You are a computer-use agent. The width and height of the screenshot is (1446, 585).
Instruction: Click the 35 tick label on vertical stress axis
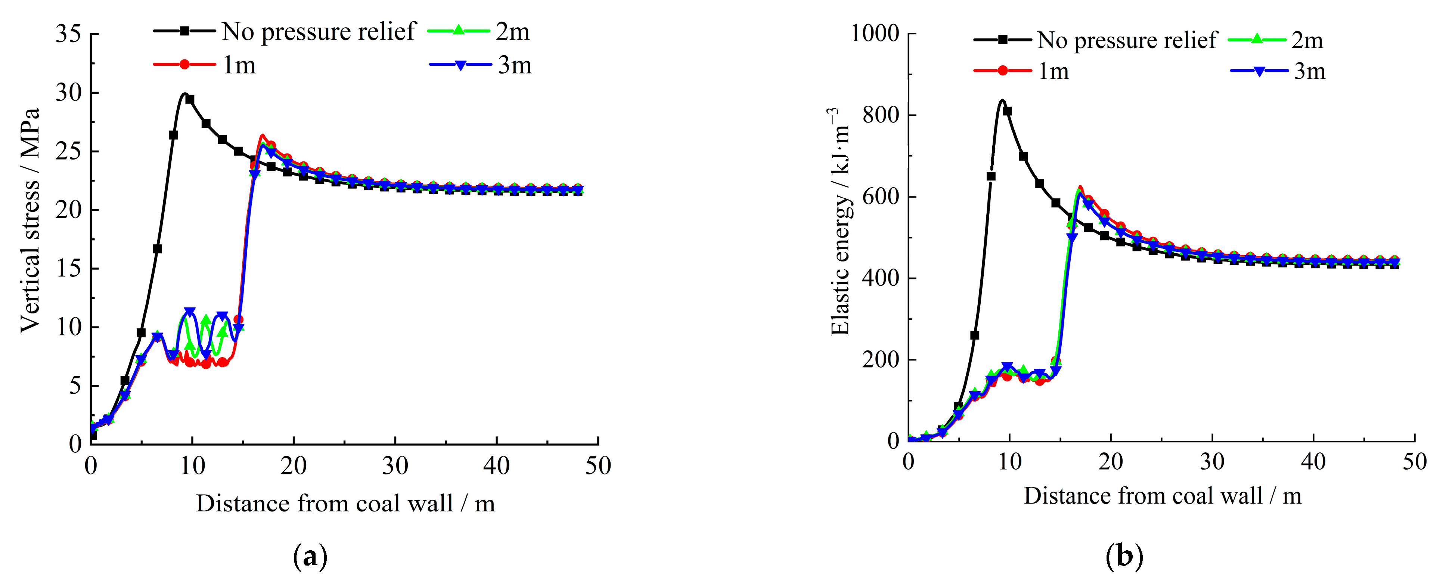pos(68,34)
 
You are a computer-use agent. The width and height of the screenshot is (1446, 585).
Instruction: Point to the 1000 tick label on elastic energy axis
pos(875,34)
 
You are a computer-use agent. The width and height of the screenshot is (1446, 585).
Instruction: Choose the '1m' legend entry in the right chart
pos(1053,71)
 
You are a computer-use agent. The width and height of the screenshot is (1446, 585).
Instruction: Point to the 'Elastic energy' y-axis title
pos(840,222)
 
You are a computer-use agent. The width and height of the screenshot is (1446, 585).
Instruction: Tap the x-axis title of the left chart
pos(345,504)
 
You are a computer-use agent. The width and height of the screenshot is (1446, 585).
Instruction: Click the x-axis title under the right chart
pos(1162,496)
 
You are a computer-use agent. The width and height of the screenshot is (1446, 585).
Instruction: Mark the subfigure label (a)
pos(310,557)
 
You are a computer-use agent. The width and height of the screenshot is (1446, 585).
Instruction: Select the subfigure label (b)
pos(1124,557)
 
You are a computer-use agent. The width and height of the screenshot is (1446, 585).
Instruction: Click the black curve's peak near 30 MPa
pos(184,94)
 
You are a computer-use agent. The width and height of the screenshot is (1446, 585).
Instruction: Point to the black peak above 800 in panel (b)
pos(1002,100)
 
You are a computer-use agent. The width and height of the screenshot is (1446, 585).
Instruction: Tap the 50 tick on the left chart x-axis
pos(598,466)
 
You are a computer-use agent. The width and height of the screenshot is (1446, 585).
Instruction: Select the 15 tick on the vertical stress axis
pos(68,268)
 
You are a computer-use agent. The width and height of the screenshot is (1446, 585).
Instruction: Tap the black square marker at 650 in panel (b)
pos(991,176)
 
